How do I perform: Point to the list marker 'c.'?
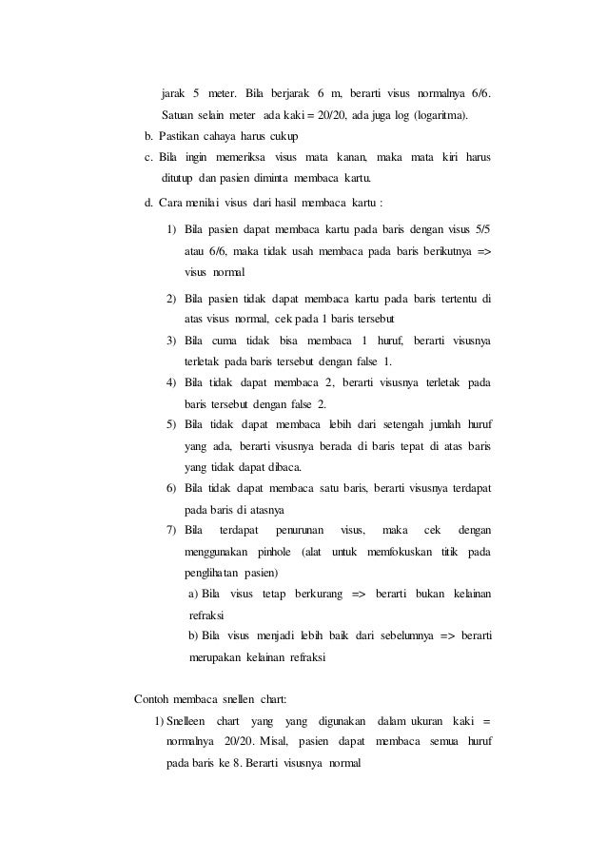pos(148,156)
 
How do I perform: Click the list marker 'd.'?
pos(148,201)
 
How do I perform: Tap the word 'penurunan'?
pos(300,529)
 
